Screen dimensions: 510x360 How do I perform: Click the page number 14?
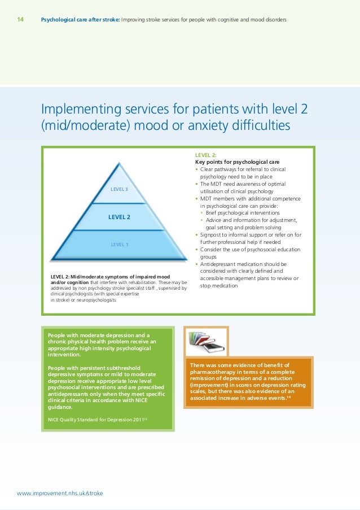point(20,20)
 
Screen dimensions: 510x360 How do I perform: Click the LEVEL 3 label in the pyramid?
point(119,189)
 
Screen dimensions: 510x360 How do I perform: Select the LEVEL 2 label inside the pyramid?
point(119,217)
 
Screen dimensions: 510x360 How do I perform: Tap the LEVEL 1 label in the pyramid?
point(119,244)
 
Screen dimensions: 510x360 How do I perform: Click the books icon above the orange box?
point(206,341)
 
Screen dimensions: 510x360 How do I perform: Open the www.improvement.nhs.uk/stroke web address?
point(60,492)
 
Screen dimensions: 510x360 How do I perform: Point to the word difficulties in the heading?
point(256,125)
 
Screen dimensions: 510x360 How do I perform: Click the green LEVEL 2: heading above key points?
point(206,154)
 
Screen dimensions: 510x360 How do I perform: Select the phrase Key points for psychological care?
point(237,162)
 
